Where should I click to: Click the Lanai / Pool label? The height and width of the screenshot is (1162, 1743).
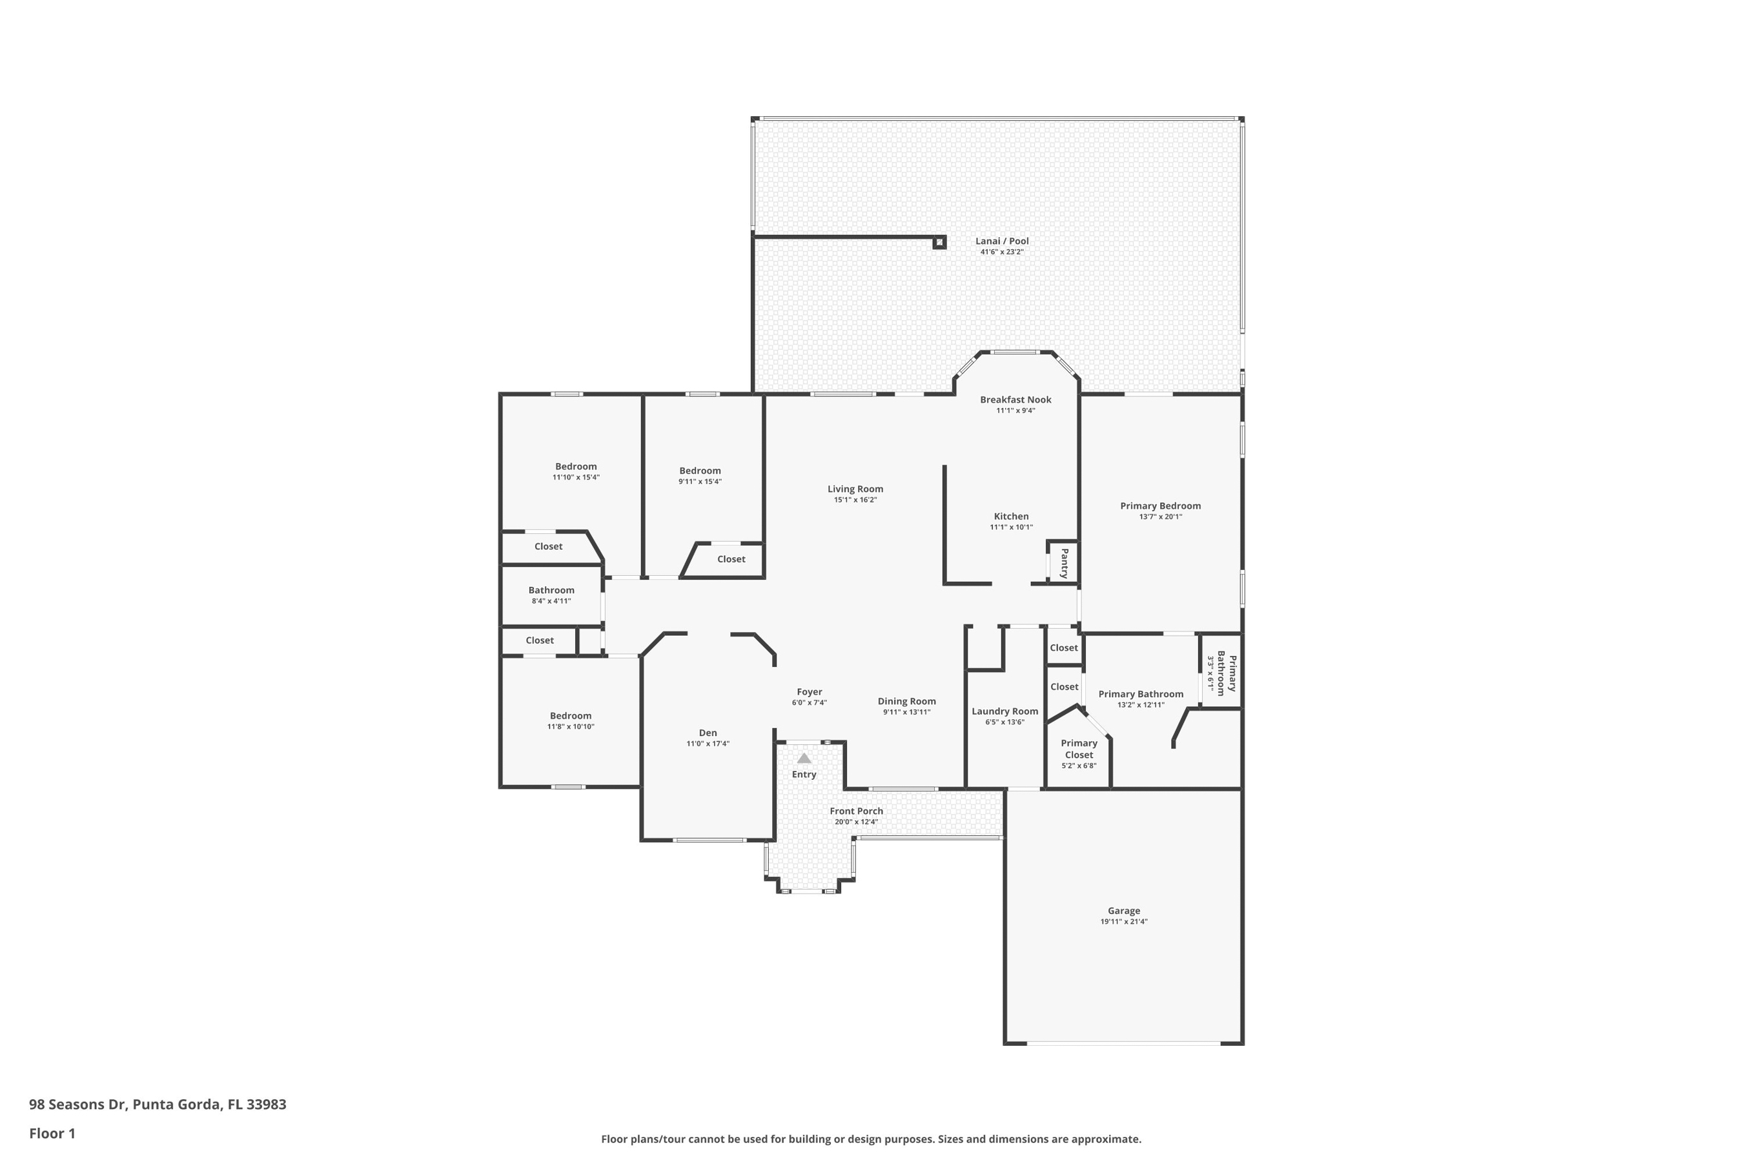[x=1002, y=241]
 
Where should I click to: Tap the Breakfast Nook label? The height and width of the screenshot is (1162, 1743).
[x=1015, y=400]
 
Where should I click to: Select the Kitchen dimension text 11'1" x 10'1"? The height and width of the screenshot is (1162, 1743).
[x=1011, y=527]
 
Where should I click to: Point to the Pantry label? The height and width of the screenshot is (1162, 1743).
[x=1064, y=563]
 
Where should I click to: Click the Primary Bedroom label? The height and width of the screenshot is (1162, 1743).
[x=1161, y=506]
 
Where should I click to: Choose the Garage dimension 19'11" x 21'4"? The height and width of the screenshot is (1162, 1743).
[x=1123, y=922]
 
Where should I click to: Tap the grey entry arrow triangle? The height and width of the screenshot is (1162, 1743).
[x=804, y=758]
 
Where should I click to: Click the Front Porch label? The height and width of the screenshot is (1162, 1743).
[x=856, y=811]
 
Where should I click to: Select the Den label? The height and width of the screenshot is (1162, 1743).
[x=708, y=733]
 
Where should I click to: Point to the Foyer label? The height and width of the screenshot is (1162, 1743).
[x=810, y=692]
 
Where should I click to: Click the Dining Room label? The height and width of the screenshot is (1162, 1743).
[x=906, y=701]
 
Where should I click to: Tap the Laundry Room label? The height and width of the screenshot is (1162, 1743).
[x=1005, y=711]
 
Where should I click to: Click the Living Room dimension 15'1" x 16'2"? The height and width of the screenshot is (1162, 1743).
[x=855, y=500]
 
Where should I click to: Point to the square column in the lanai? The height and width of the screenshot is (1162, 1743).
[x=939, y=242]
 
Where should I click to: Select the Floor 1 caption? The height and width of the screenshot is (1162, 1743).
[x=52, y=1133]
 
